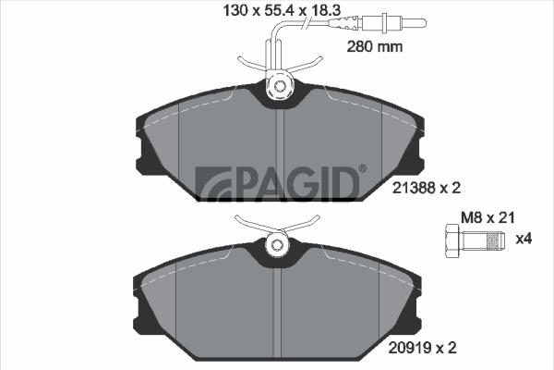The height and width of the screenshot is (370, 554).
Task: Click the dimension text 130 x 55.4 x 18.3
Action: pyautogui.click(x=282, y=10)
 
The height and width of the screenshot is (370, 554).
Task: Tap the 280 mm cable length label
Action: pyautogui.click(x=375, y=46)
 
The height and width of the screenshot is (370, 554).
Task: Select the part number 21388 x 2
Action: pyautogui.click(x=427, y=188)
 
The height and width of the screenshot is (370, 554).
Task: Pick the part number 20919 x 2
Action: pyautogui.click(x=423, y=348)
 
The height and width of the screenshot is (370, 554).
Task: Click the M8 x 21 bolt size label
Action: pyautogui.click(x=488, y=217)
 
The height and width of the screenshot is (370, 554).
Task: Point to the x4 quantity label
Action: pyautogui.click(x=524, y=239)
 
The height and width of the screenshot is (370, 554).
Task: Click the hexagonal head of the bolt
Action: pyautogui.click(x=452, y=240)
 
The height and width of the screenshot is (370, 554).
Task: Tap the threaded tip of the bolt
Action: pyautogui.click(x=496, y=240)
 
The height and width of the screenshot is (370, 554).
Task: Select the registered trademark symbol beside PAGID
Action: pyautogui.click(x=363, y=168)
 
